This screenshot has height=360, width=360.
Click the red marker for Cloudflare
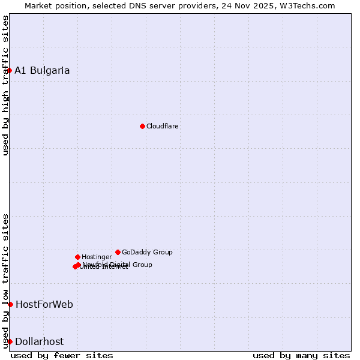click(142, 126)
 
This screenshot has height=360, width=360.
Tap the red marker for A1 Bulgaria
click(10, 70)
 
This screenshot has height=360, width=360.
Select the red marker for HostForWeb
click(10, 304)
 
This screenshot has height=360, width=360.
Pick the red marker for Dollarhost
click(10, 341)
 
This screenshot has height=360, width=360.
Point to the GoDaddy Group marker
click(118, 252)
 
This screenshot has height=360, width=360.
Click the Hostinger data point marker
click(77, 257)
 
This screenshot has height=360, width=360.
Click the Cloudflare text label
click(163, 126)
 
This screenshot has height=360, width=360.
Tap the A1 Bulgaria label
click(42, 70)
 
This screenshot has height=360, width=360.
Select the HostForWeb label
click(44, 304)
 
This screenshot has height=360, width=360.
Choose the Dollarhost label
click(39, 341)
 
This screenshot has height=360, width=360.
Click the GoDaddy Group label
click(147, 252)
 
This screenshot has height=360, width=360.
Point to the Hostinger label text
click(97, 257)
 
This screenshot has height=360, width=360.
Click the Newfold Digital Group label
click(118, 264)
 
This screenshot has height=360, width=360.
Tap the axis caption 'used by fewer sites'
click(62, 355)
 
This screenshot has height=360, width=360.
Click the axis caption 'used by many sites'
click(301, 355)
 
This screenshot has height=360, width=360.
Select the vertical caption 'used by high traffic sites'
click(6, 85)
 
